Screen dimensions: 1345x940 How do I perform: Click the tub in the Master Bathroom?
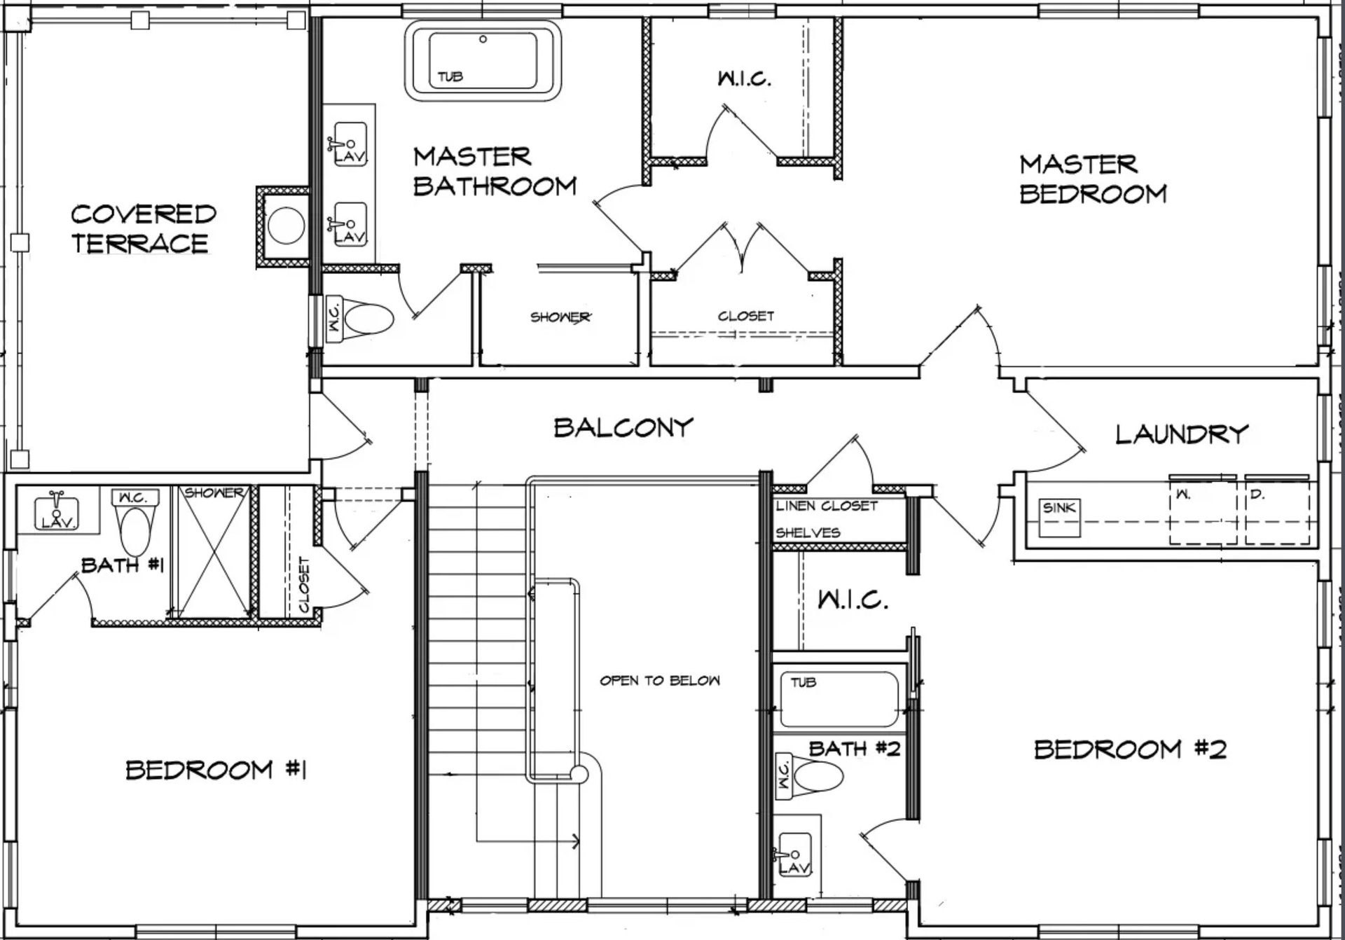coord(483,60)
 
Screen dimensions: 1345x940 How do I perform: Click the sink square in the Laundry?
coord(1059,518)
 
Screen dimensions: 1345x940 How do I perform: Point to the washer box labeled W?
coord(1203,511)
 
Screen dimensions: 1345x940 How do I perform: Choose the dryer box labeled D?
coord(1278,511)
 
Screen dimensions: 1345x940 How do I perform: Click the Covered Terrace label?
coord(143,228)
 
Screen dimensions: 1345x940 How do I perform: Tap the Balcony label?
coord(623,427)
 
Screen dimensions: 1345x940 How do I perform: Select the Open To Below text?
coord(660,680)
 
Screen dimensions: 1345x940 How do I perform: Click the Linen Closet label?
coord(827,506)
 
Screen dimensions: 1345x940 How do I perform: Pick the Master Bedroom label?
coord(1093,179)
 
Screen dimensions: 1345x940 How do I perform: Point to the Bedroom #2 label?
coord(1130,749)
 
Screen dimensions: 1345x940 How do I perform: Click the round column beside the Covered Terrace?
coord(287,226)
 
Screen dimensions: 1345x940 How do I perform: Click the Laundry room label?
coord(1182,434)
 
